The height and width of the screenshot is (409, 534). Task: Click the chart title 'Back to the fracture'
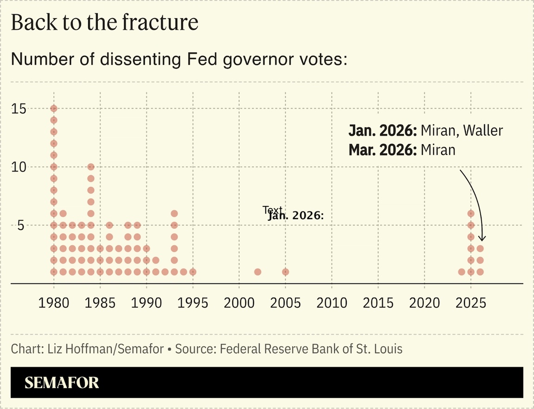click(104, 23)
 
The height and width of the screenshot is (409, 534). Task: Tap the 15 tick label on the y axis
click(19, 109)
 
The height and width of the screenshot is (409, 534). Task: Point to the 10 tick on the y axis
click(19, 167)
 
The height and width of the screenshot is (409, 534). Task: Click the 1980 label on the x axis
click(54, 303)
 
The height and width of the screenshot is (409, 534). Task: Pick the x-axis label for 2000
click(239, 303)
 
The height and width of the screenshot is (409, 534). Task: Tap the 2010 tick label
click(332, 303)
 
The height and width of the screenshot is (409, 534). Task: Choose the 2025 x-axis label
click(471, 303)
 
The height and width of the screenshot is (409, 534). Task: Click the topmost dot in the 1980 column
click(54, 109)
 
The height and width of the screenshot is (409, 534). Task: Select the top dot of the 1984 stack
click(91, 167)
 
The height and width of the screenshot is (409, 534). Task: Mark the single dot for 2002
click(258, 272)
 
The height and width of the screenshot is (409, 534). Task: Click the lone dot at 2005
click(286, 272)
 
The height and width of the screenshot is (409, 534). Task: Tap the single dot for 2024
click(462, 272)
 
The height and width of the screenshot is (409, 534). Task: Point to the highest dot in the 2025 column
click(471, 214)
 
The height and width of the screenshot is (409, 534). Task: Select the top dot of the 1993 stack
click(174, 214)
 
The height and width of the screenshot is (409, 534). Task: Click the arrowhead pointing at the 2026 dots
click(482, 238)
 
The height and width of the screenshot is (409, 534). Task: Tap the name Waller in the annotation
click(483, 131)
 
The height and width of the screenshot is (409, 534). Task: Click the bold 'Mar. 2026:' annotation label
click(383, 150)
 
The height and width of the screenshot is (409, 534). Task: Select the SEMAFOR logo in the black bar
click(62, 383)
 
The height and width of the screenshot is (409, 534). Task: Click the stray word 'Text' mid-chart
click(272, 210)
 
